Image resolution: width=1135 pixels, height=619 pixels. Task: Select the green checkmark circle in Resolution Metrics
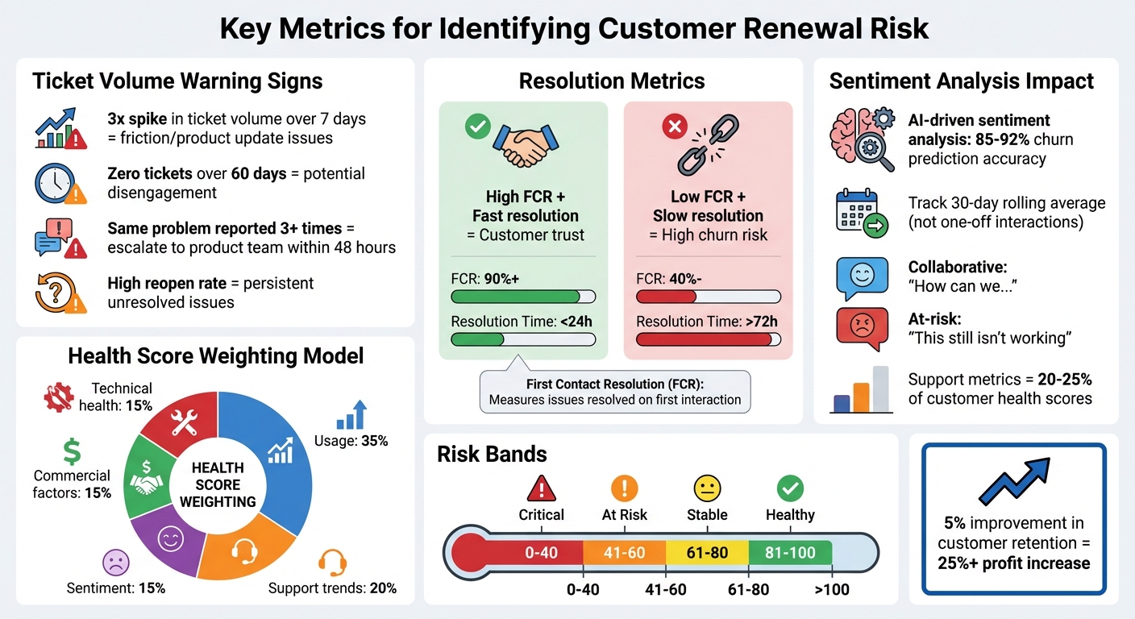point(477,126)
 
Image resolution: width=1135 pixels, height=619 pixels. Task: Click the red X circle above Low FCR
point(673,126)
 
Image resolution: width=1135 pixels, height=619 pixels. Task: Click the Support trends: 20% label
point(332,588)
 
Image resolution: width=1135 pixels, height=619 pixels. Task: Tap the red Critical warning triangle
point(541,488)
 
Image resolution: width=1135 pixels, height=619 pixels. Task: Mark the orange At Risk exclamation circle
point(624,488)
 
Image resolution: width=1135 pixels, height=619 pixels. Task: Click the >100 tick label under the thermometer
point(831,589)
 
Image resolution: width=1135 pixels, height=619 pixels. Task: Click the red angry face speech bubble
point(862,328)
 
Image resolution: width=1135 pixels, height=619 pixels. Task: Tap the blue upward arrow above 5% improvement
point(1014,481)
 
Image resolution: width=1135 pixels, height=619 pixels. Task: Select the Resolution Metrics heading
point(612,81)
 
